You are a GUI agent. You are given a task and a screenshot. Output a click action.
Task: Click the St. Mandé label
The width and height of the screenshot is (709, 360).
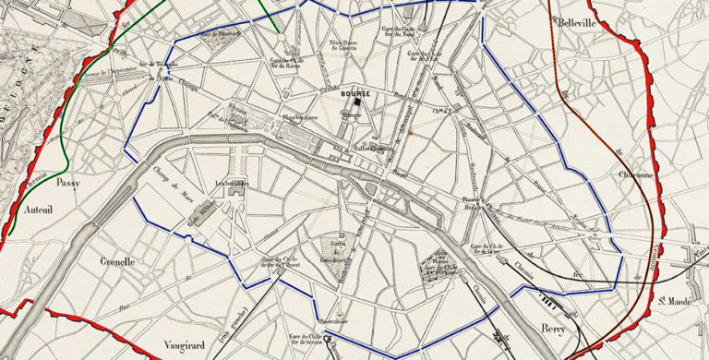pos(676,300)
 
